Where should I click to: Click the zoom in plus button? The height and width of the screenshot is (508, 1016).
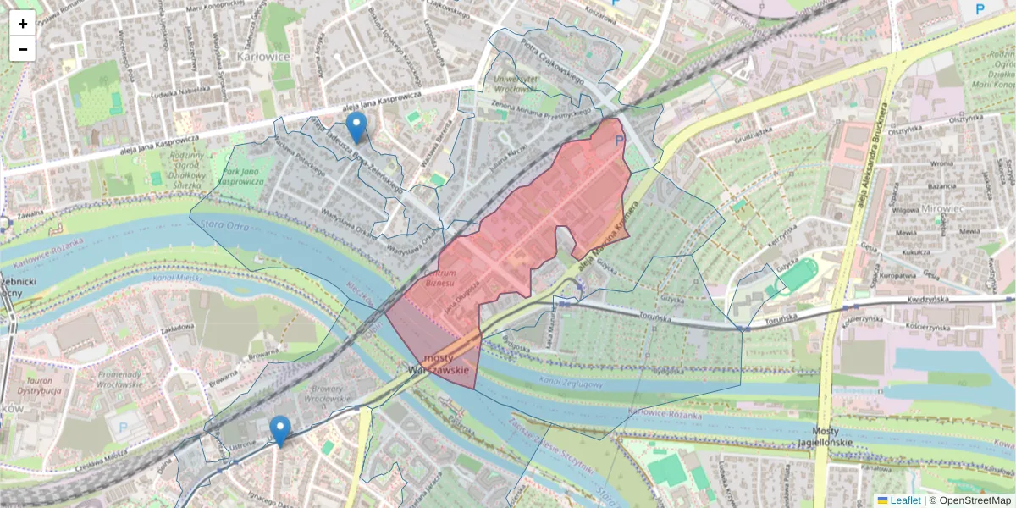[x=23, y=24]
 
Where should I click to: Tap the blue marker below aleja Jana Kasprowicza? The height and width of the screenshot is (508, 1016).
[x=357, y=127]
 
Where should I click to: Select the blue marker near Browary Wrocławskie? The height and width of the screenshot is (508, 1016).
[x=279, y=431]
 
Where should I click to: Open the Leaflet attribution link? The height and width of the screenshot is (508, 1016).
[x=904, y=500]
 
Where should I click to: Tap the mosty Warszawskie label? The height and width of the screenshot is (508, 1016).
[x=438, y=365]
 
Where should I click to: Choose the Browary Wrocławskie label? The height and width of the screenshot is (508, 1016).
[x=326, y=392]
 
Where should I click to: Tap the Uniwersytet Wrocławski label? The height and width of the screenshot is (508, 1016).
[x=516, y=83]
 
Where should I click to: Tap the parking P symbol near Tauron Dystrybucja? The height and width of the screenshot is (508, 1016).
[x=124, y=428]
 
